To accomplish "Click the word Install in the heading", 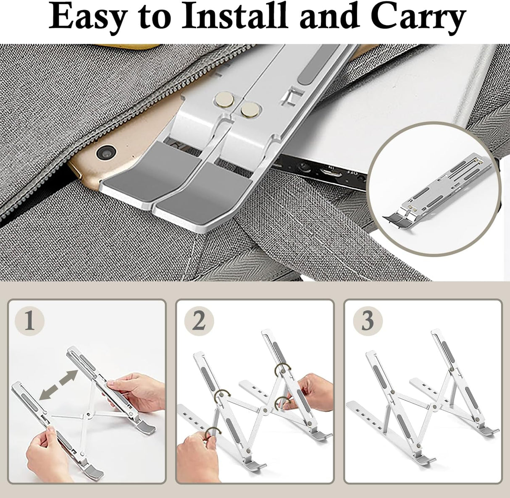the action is [235, 16].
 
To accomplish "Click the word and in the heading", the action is [329, 16].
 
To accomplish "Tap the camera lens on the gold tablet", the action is [106, 152].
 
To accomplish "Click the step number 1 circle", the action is [29, 321].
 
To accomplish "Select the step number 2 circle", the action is [199, 321].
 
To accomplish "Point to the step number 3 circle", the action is [368, 321].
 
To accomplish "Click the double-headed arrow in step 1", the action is [58, 385].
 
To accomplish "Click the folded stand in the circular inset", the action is [437, 191].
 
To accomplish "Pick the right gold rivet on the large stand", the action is [250, 109].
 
